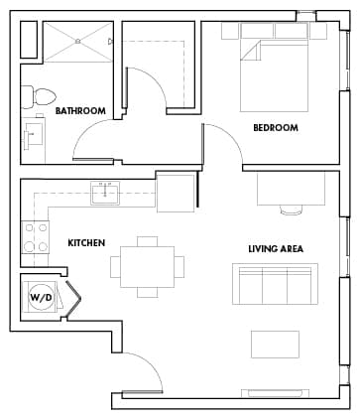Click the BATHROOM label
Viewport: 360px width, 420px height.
[x=80, y=111]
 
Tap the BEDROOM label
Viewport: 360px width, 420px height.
[x=275, y=128]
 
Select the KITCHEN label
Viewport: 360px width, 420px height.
[x=86, y=243]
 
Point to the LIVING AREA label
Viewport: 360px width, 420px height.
[x=275, y=248]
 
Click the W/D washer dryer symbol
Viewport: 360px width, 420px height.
[x=41, y=297]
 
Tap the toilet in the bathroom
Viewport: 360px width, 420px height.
[x=40, y=97]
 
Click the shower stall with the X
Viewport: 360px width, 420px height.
[x=78, y=42]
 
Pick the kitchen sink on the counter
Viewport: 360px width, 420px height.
[x=104, y=191]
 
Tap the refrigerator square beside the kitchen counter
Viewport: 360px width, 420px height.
[x=176, y=192]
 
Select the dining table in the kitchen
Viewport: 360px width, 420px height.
[x=147, y=266]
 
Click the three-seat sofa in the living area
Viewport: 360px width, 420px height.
[x=275, y=284]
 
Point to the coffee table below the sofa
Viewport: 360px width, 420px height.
[x=275, y=344]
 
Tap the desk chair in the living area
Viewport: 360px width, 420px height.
[x=291, y=210]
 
